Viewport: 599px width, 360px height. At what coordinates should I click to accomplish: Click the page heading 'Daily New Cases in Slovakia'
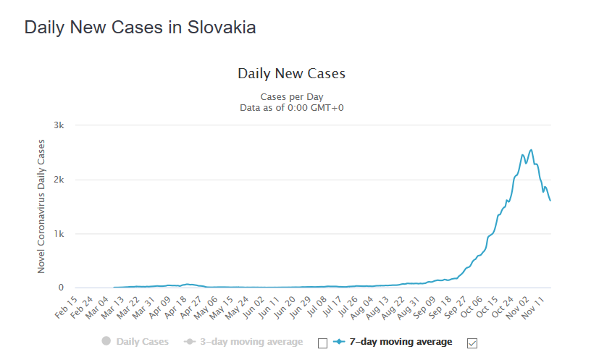pos(140,28)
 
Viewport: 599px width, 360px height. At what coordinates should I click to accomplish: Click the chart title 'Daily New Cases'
pos(291,74)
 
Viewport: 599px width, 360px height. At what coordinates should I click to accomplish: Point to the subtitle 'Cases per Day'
pos(291,96)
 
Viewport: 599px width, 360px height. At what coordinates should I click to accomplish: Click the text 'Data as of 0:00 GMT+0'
pos(291,107)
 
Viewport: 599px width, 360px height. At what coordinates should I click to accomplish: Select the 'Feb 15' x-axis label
pos(67,308)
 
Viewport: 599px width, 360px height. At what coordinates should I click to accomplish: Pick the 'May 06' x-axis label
pos(209,308)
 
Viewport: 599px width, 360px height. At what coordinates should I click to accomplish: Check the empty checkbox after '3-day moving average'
pos(322,343)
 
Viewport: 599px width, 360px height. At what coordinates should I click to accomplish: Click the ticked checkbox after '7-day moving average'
pos(474,343)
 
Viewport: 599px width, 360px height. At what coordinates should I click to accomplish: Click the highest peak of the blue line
pos(532,150)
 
